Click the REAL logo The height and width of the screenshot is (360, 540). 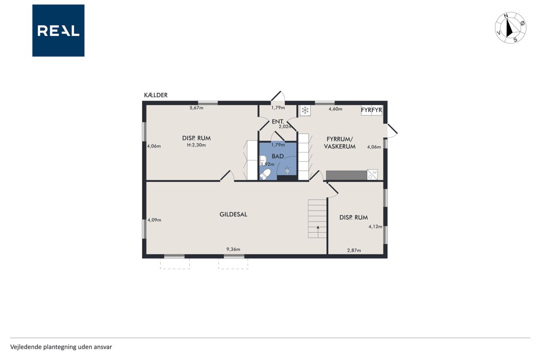click(x=58, y=31)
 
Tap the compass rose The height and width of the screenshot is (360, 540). click(x=510, y=28)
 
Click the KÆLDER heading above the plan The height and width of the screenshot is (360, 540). click(x=156, y=95)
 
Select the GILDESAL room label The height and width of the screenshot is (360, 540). click(x=233, y=214)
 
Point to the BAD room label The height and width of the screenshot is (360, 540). click(x=278, y=156)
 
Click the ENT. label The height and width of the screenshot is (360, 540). click(x=278, y=122)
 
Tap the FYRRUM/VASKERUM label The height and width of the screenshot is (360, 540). click(x=340, y=143)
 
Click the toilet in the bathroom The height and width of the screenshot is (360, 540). click(x=265, y=174)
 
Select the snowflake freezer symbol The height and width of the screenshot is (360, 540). click(x=305, y=111)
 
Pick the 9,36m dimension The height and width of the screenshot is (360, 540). click(x=233, y=249)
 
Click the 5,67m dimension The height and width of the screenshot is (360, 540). click(x=196, y=108)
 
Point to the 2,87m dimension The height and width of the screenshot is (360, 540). click(x=354, y=250)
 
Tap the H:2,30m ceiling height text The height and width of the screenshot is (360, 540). click(x=196, y=145)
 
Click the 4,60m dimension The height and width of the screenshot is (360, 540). click(x=335, y=109)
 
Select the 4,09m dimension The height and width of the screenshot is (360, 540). click(x=154, y=220)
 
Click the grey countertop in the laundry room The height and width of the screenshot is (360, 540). click(x=346, y=175)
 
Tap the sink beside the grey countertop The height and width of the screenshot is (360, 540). click(x=372, y=175)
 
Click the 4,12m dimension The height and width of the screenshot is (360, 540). click(x=375, y=227)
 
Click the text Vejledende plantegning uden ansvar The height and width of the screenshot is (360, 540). click(x=61, y=347)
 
